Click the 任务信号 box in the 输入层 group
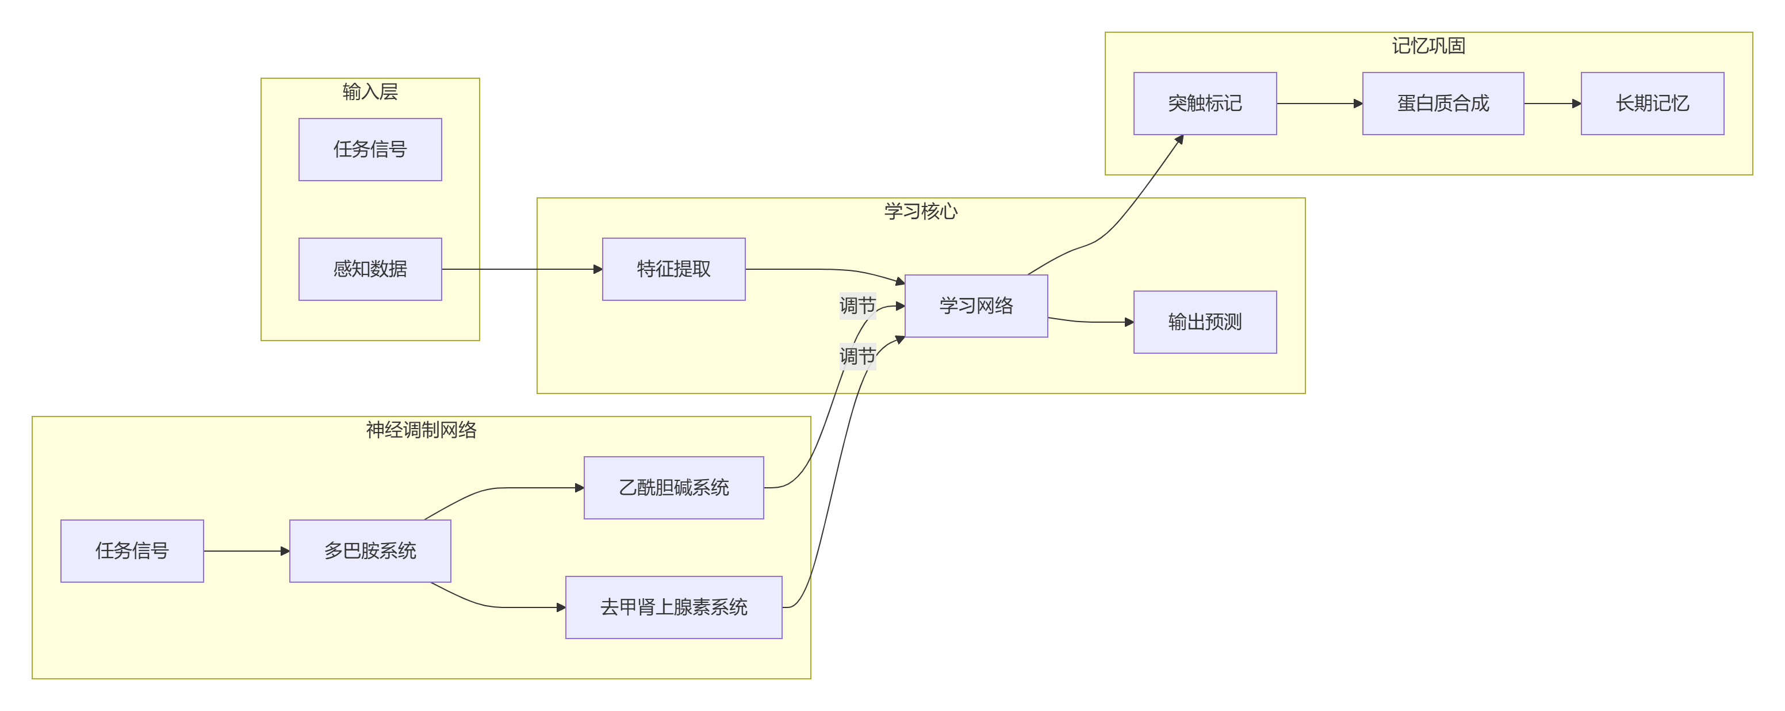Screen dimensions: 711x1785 coord(370,150)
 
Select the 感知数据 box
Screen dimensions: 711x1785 coord(370,269)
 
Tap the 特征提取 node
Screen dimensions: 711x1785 coord(673,269)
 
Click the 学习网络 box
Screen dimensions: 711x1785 coord(976,305)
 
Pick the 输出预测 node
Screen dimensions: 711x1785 coord(1204,322)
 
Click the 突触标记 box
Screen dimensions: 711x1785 coord(1204,103)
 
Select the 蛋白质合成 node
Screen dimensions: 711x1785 coord(1443,103)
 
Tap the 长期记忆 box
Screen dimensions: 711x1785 coord(1652,103)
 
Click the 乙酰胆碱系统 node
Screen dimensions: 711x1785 coord(673,488)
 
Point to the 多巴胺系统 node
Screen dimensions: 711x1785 coord(370,551)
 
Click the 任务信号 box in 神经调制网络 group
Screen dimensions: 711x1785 coord(132,551)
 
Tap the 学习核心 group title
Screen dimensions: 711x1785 coord(920,211)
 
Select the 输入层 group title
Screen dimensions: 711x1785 coord(370,92)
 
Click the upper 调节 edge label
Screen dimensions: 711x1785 coord(857,305)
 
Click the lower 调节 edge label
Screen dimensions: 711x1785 coord(857,356)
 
